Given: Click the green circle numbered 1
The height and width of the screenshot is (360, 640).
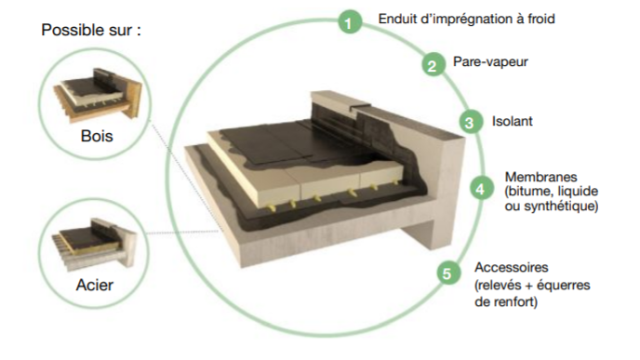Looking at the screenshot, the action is pos(350,21).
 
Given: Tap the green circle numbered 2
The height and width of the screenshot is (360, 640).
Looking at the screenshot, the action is pos(433,65).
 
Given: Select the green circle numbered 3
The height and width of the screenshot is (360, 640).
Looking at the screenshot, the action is pos(470,122).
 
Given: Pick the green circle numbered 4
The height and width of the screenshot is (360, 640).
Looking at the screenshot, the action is pos(481,189).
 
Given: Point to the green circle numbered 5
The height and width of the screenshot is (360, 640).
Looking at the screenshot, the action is pos(447,273).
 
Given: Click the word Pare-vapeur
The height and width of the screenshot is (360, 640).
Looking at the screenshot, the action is pos(490,61).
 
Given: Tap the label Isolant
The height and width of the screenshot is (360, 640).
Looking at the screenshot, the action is pos(513,121).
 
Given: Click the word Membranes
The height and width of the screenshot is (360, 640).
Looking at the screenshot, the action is pos(540,177).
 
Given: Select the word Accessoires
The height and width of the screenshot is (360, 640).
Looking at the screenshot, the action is pos(512,267).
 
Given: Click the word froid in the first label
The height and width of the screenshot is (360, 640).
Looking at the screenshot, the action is pos(541,19).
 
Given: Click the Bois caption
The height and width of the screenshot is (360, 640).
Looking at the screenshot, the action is pos(97,136).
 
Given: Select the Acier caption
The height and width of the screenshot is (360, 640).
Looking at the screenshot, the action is pos(95,285).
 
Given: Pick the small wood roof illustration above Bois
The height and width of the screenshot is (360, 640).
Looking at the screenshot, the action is pos(98,94).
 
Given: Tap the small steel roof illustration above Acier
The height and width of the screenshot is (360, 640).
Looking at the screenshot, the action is pos(95,244).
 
